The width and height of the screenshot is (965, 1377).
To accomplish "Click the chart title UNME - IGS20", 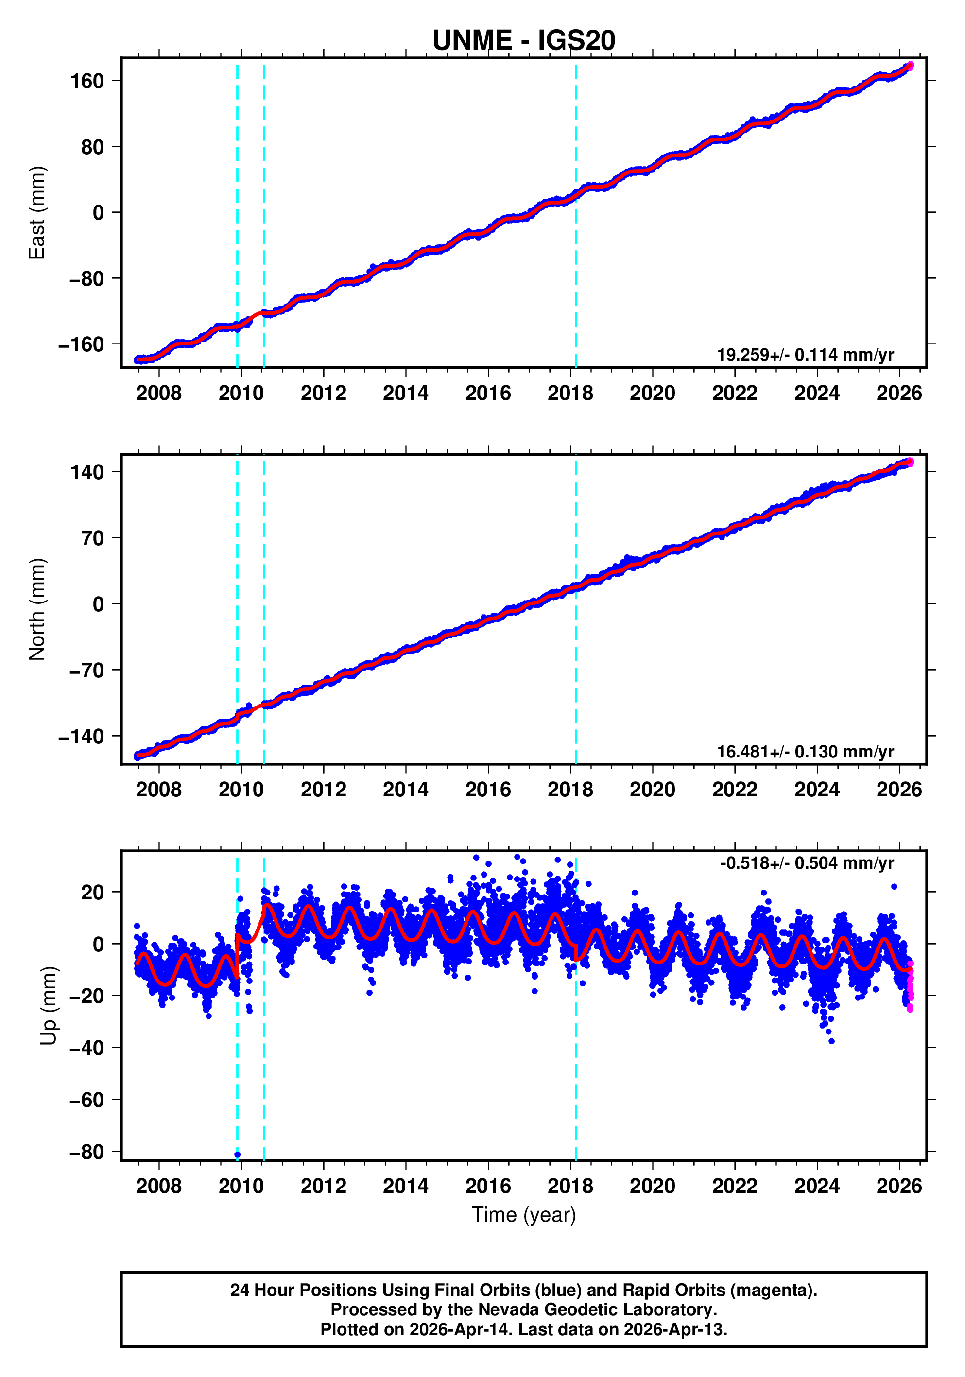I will [x=524, y=40].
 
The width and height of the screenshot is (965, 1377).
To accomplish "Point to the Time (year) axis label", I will [x=524, y=1214].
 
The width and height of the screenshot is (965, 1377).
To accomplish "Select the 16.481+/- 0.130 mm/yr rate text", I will [x=805, y=752].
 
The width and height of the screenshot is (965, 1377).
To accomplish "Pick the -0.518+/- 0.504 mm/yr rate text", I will [x=807, y=863].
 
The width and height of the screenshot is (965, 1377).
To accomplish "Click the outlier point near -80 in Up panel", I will [x=238, y=1154].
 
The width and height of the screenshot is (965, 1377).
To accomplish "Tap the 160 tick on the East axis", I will [x=87, y=81].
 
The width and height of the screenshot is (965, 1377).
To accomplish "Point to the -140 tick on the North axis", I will [x=82, y=737].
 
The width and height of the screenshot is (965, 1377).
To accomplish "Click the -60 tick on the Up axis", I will [x=87, y=1100].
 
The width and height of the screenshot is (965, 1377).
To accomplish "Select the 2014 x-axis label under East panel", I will [x=405, y=394].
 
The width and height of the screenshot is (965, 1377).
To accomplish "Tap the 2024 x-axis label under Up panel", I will [x=816, y=1186].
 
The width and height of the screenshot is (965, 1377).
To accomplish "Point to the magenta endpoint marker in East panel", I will [x=910, y=66].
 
